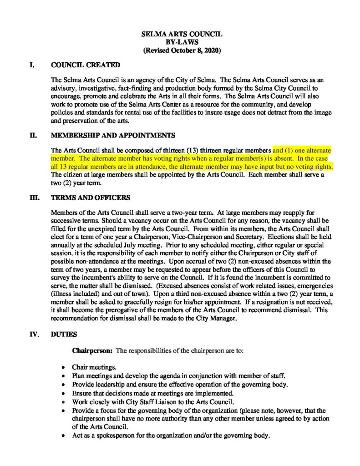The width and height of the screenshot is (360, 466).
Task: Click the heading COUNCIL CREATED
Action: [86, 65]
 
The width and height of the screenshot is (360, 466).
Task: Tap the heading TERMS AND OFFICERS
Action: [91, 198]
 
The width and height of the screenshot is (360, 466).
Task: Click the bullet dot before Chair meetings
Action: [63, 367]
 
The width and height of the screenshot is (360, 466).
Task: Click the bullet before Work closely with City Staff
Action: [63, 402]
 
